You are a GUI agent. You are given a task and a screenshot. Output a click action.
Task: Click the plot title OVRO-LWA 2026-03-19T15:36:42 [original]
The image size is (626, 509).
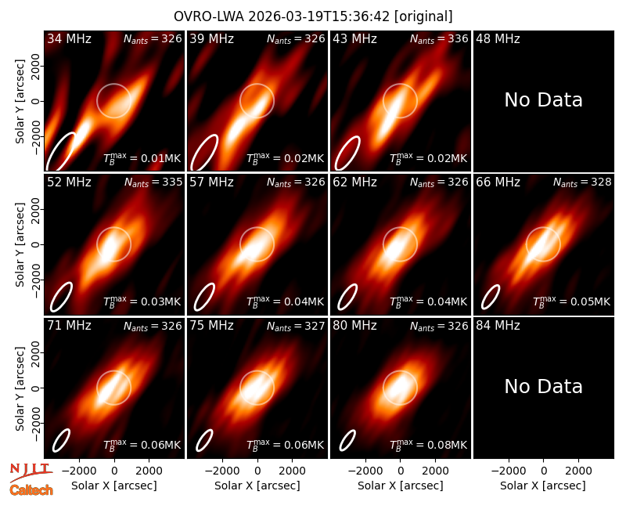coord(313,16)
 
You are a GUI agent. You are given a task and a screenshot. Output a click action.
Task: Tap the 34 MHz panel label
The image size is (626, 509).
coord(69,38)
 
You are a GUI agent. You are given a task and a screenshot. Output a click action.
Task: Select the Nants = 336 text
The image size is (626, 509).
coord(439,38)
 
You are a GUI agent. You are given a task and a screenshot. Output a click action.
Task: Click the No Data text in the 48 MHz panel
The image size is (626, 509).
coord(543,100)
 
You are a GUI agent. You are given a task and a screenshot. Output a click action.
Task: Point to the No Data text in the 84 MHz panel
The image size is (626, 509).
coord(543,386)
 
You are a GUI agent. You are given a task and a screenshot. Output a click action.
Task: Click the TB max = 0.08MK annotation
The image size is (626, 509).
coord(428,445)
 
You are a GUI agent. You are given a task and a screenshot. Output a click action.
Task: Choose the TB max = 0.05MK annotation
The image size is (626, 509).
coord(572,301)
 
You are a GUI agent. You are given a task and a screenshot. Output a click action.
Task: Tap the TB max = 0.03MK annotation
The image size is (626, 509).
coord(142,301)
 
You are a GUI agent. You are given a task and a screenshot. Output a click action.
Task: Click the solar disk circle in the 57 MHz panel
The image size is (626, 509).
coord(257,227)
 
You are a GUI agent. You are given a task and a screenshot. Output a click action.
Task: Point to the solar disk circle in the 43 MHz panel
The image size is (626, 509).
coord(400,84)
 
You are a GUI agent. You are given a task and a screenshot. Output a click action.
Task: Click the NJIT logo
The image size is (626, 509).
coord(31,472)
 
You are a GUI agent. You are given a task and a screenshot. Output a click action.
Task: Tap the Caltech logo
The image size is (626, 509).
coord(31,490)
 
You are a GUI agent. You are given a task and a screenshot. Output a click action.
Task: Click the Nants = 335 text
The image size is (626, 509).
coord(153,182)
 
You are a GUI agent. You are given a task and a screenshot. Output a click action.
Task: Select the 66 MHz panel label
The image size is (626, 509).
coord(498,182)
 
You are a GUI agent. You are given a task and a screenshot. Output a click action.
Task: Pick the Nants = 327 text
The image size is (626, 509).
coord(296,326)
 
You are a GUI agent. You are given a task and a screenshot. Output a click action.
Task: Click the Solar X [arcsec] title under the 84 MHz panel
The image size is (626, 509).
coord(543,486)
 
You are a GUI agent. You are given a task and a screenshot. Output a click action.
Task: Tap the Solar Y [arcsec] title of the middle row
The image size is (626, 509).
coord(20,244)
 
